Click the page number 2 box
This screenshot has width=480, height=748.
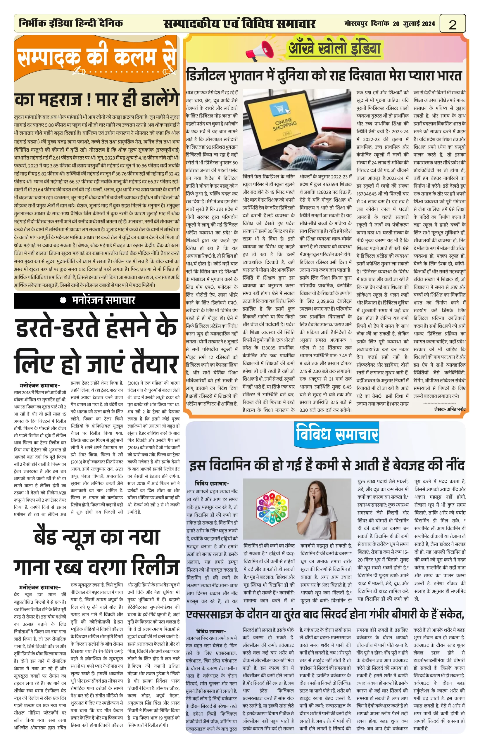click(452, 24)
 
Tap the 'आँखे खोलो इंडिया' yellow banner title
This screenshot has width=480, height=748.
click(334, 48)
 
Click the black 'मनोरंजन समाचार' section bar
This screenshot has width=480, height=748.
click(97, 300)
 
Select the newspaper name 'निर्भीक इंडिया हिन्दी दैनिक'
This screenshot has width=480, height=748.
click(71, 23)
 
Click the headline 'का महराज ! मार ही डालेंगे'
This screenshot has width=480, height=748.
click(97, 99)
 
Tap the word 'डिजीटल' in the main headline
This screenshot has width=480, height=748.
click(206, 76)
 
